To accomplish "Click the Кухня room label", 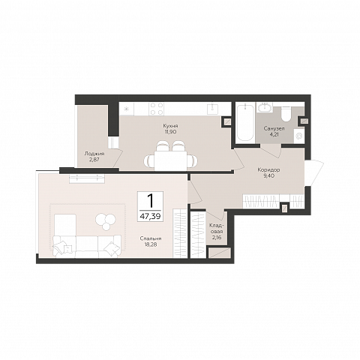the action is click(170, 125).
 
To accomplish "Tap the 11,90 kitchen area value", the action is click(170, 131).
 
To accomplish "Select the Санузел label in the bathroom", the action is click(274, 129).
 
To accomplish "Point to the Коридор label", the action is click(268, 169).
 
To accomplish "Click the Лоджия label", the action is click(94, 154).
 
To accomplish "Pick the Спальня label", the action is click(151, 238).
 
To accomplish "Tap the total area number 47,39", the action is click(150, 216).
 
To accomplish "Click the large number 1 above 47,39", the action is click(151, 201).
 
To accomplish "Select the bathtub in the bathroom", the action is click(245, 123).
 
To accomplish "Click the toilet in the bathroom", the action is click(286, 114).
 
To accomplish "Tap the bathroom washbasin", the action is click(265, 107).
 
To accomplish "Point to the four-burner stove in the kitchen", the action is click(157, 109).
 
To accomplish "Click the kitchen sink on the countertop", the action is click(213, 108).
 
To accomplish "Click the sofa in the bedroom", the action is click(87, 247).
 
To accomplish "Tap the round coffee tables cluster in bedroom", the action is click(106, 221).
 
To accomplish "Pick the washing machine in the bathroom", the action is click(299, 136).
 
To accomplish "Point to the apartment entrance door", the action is click(314, 172).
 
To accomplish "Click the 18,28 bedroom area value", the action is click(151, 244).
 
